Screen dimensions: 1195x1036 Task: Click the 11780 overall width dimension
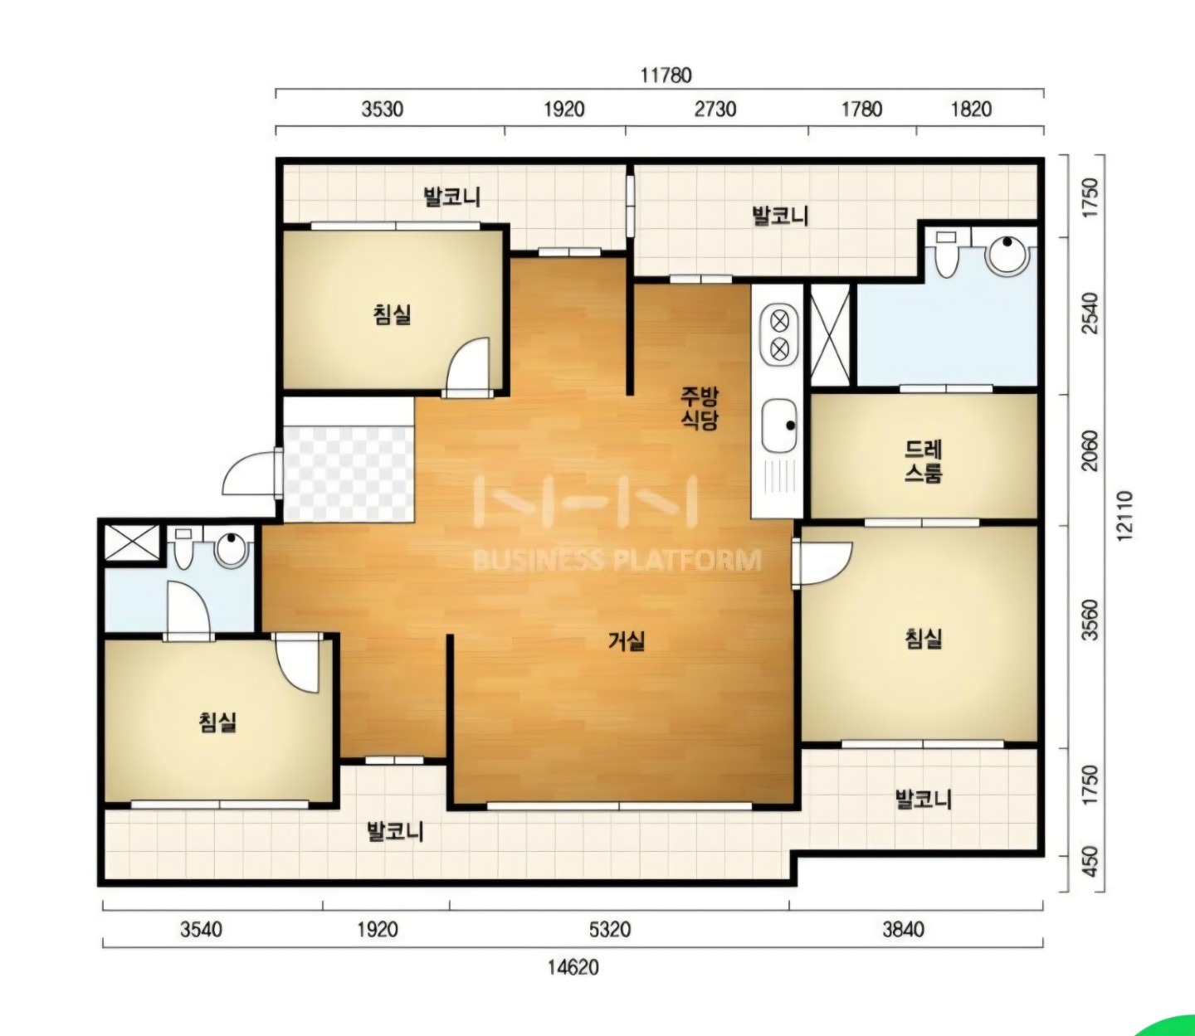click(x=666, y=75)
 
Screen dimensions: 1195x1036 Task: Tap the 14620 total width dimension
click(x=573, y=967)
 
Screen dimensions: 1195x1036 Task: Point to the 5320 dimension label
click(x=610, y=929)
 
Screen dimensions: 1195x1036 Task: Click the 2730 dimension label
click(x=715, y=109)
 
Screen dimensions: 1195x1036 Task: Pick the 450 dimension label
click(x=1090, y=862)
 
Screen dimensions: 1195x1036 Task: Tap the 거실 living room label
click(x=626, y=642)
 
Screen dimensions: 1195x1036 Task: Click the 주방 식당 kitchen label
click(x=699, y=409)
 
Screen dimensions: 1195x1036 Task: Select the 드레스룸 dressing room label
click(x=924, y=461)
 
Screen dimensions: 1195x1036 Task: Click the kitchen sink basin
click(x=779, y=426)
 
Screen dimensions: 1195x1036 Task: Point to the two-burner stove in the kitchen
click(x=779, y=335)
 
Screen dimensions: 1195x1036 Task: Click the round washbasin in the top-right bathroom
click(x=1007, y=255)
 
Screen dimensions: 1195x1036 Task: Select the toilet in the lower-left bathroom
click(x=183, y=548)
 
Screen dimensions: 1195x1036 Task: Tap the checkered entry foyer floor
click(x=349, y=474)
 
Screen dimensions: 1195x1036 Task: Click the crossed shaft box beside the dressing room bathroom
click(x=830, y=333)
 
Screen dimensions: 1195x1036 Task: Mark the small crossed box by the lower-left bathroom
click(x=131, y=543)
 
